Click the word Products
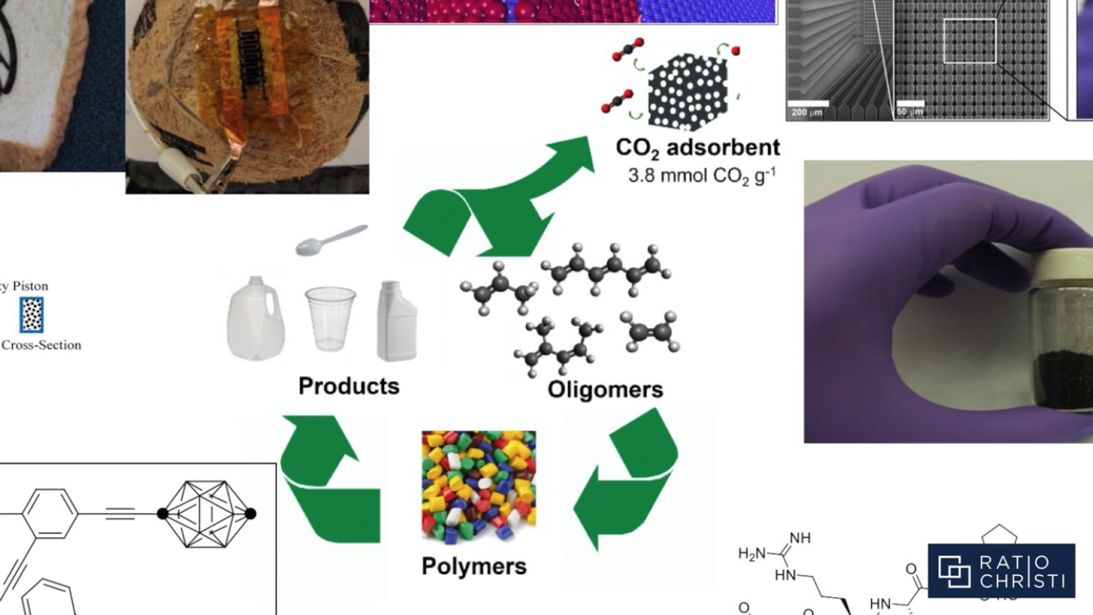coord(348,386)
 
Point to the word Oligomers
coord(605,389)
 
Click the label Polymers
coord(474,566)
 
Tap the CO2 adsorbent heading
coord(697,148)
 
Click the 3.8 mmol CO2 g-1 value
coord(701,175)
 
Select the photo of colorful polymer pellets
coord(478,488)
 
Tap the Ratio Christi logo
coord(1000,571)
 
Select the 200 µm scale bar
coord(808,104)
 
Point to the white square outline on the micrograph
coord(969,41)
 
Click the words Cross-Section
coord(41,345)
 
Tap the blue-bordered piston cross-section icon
coord(32,315)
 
